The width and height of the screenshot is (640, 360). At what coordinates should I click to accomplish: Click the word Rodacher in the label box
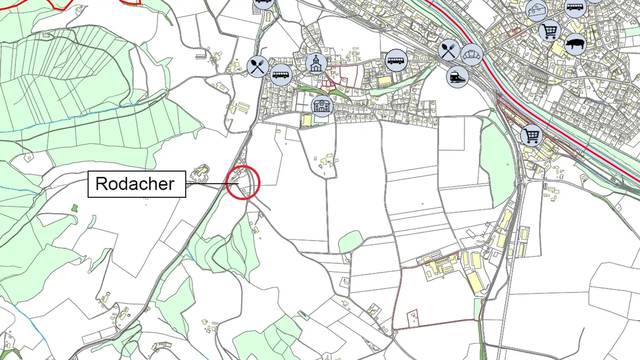[x=135, y=184]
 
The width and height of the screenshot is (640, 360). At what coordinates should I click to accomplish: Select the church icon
[x=316, y=64]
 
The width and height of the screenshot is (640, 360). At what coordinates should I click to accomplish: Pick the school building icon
[x=323, y=105]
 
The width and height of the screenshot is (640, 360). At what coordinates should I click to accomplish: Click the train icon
[x=457, y=76]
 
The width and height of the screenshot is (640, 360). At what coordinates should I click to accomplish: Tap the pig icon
[x=576, y=44]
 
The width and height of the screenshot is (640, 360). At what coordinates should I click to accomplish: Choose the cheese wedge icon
[x=537, y=10]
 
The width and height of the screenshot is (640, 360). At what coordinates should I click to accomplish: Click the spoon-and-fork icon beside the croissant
[x=449, y=50]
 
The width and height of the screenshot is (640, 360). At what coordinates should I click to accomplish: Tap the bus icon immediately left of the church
[x=280, y=73]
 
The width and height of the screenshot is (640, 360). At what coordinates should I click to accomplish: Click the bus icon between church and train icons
[x=396, y=60]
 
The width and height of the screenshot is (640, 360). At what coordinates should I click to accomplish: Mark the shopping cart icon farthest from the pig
[x=532, y=135]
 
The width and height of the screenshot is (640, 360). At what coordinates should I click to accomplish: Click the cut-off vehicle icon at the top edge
[x=263, y=3]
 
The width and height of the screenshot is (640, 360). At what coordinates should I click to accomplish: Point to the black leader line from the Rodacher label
[x=209, y=183]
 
